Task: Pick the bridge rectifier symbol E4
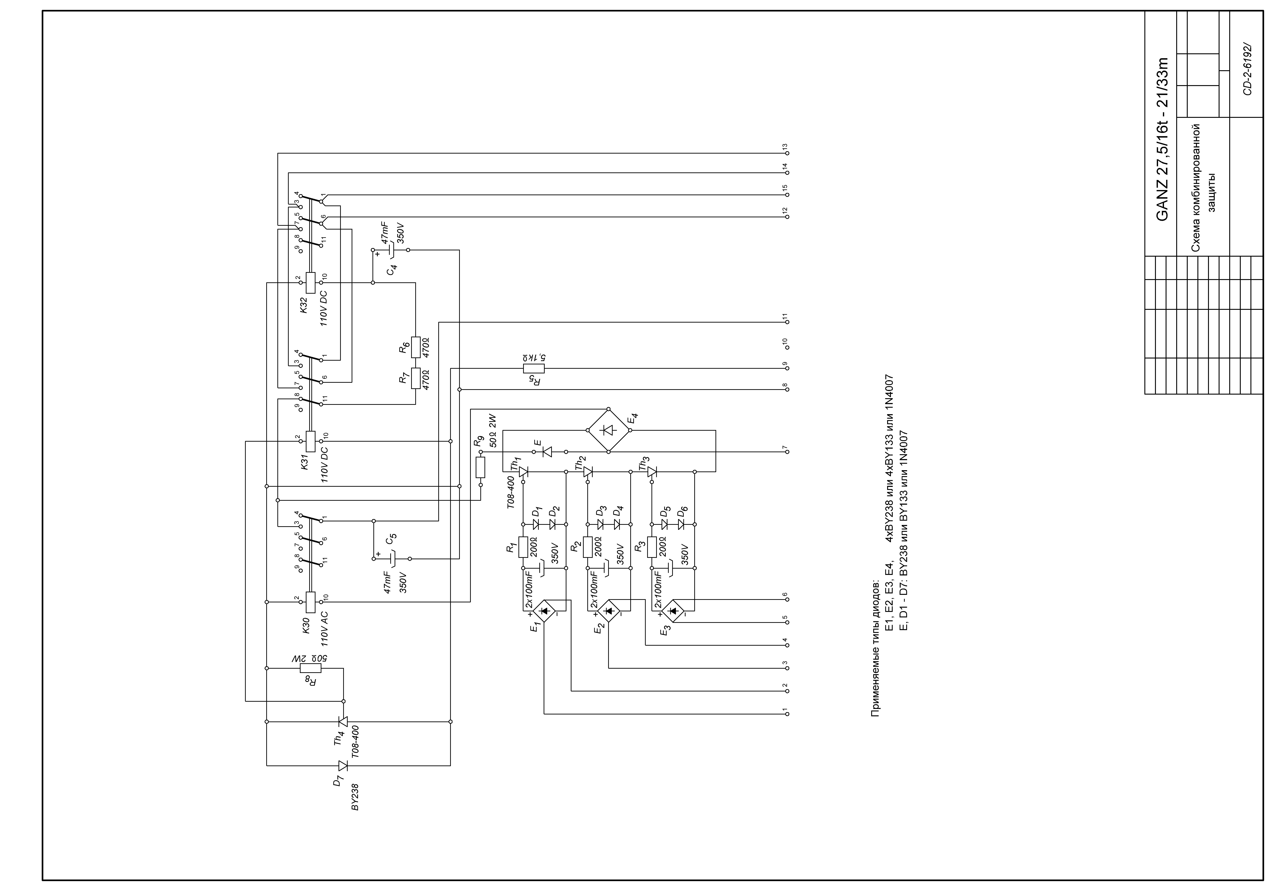click(x=608, y=430)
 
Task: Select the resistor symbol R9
click(x=481, y=467)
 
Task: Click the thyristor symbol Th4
click(x=343, y=721)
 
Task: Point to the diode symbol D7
click(x=343, y=766)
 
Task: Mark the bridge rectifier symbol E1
click(x=544, y=611)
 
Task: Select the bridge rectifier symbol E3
click(x=673, y=611)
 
